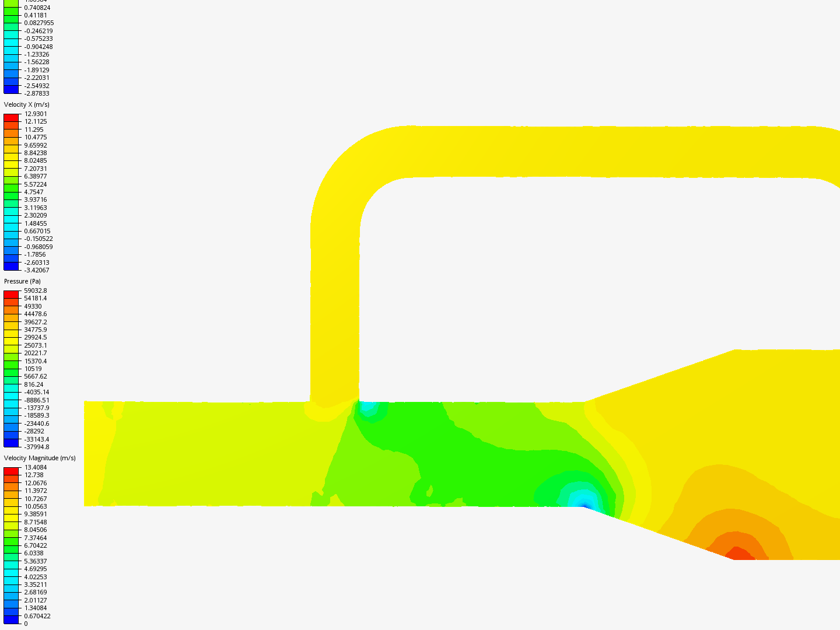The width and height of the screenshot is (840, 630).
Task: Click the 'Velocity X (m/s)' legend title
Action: click(x=27, y=104)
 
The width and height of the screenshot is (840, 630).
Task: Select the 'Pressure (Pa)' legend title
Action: click(x=22, y=281)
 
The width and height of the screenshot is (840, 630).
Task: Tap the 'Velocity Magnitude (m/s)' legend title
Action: click(x=40, y=458)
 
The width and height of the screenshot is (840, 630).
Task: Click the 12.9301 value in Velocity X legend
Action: click(x=36, y=114)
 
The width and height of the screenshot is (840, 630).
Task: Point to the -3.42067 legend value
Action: click(x=37, y=270)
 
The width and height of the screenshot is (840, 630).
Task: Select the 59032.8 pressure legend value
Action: click(x=35, y=290)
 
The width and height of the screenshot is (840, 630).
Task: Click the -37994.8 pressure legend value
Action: click(x=37, y=447)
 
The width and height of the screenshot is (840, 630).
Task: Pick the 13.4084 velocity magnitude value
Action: click(x=35, y=467)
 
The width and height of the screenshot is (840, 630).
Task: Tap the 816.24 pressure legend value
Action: click(x=33, y=384)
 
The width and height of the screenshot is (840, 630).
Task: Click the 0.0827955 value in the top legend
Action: click(x=38, y=23)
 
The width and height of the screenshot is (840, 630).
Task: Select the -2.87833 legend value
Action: click(x=37, y=93)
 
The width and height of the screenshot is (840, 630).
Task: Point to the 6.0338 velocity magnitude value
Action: click(x=33, y=553)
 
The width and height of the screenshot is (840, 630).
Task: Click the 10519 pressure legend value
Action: click(x=33, y=369)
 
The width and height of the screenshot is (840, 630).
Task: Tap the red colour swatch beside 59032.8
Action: click(x=11, y=295)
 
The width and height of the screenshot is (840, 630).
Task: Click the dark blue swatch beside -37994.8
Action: click(x=11, y=443)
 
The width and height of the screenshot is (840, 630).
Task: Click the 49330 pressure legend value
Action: click(x=33, y=306)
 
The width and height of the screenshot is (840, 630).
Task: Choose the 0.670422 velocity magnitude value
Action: click(x=37, y=616)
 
